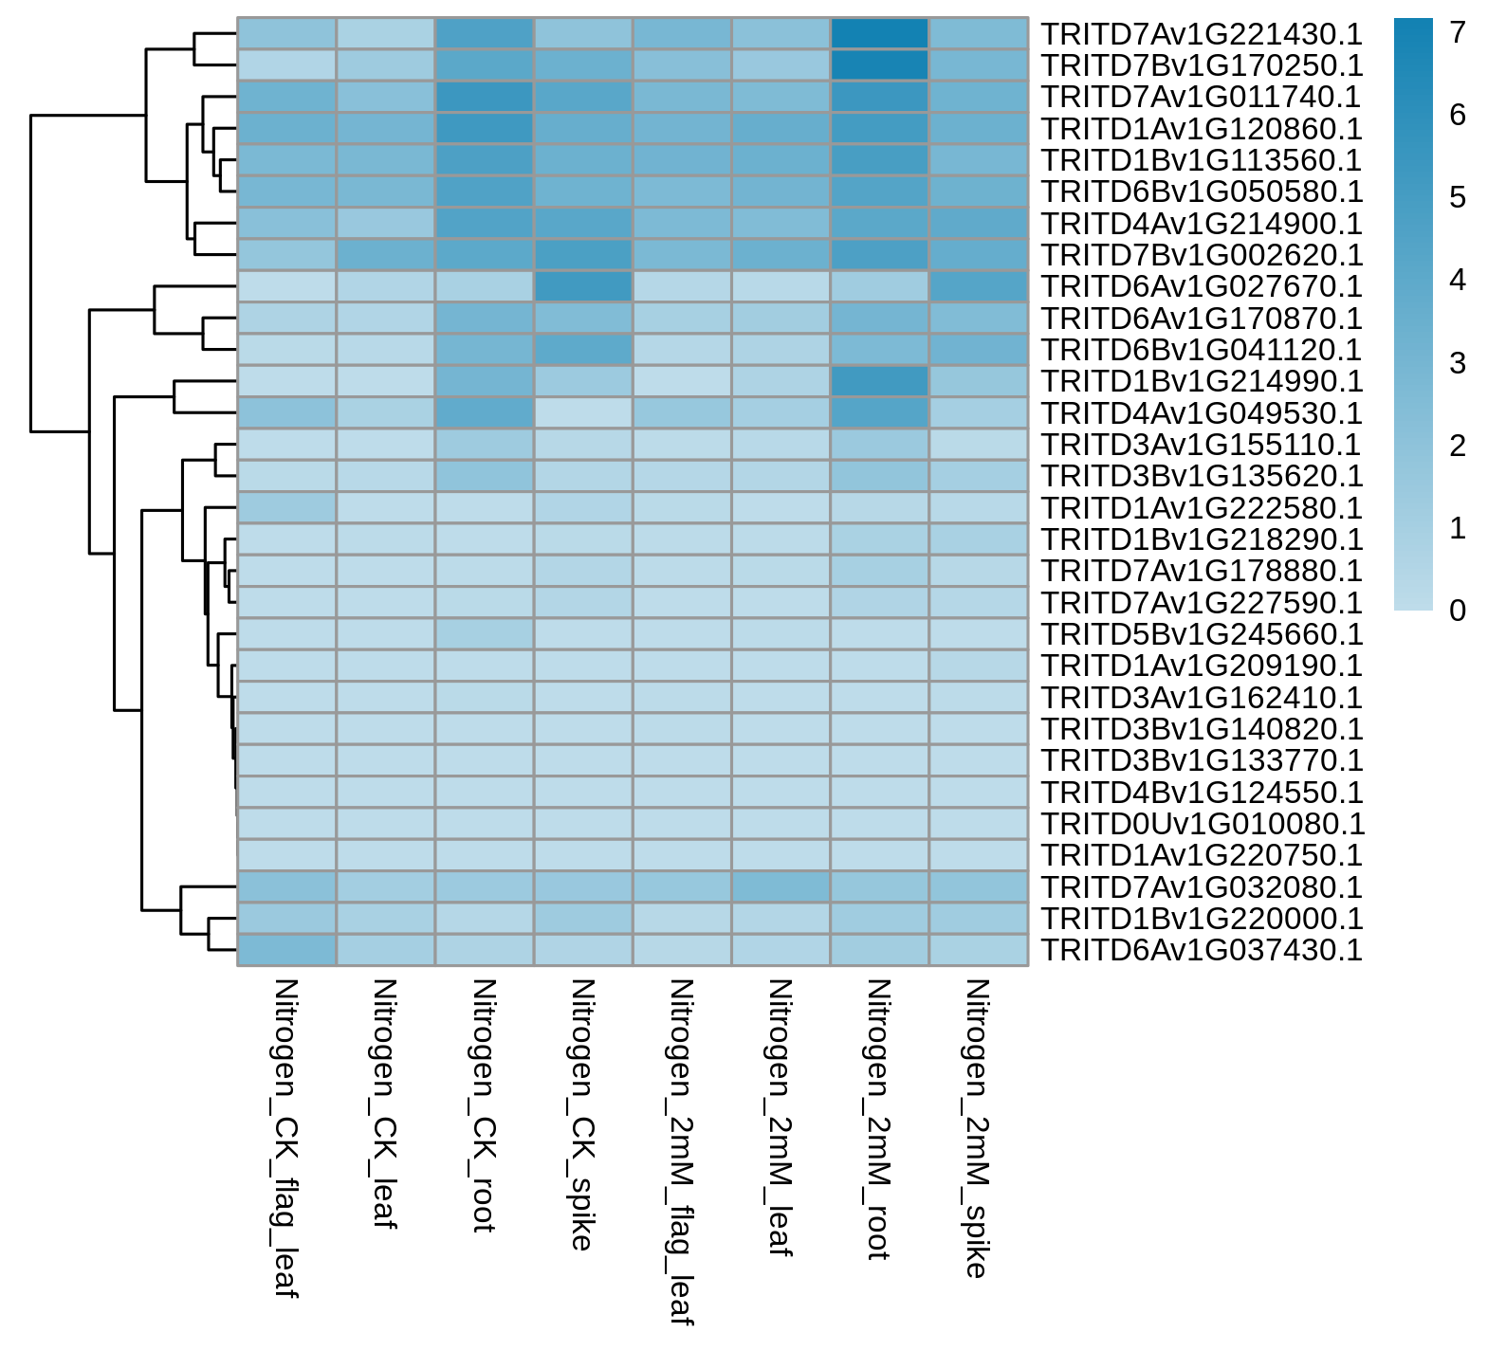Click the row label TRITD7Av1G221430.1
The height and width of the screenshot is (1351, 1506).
(1202, 33)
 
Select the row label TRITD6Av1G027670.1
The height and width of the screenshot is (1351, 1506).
(1202, 286)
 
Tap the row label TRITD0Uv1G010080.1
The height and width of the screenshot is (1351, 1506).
(1202, 824)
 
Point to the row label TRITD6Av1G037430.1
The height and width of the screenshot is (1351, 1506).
(1202, 950)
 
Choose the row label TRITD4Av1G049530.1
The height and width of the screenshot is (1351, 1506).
(1202, 412)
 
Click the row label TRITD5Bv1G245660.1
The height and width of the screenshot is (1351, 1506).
(1202, 634)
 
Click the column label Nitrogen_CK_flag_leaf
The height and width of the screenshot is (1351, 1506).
(286, 1139)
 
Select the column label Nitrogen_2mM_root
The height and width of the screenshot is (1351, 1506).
(879, 1120)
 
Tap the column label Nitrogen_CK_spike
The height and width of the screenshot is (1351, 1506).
(582, 1115)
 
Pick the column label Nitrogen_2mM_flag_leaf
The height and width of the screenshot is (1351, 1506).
(682, 1152)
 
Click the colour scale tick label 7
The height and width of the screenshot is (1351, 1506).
(1459, 33)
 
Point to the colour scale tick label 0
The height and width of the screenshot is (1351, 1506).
(1459, 611)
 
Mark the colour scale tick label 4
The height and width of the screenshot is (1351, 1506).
(1459, 281)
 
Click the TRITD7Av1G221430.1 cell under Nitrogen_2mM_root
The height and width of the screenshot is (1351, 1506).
(879, 33)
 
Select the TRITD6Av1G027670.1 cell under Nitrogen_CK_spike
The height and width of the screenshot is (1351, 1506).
(583, 286)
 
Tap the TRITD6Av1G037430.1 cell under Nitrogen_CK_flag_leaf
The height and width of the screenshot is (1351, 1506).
(287, 950)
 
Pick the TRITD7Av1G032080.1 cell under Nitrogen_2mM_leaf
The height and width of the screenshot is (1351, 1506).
(781, 887)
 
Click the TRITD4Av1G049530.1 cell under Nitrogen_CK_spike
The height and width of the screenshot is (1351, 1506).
(583, 412)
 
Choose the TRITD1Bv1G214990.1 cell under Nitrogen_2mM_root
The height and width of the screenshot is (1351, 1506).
(879, 381)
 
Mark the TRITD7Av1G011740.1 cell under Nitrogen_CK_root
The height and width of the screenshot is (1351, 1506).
(485, 97)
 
